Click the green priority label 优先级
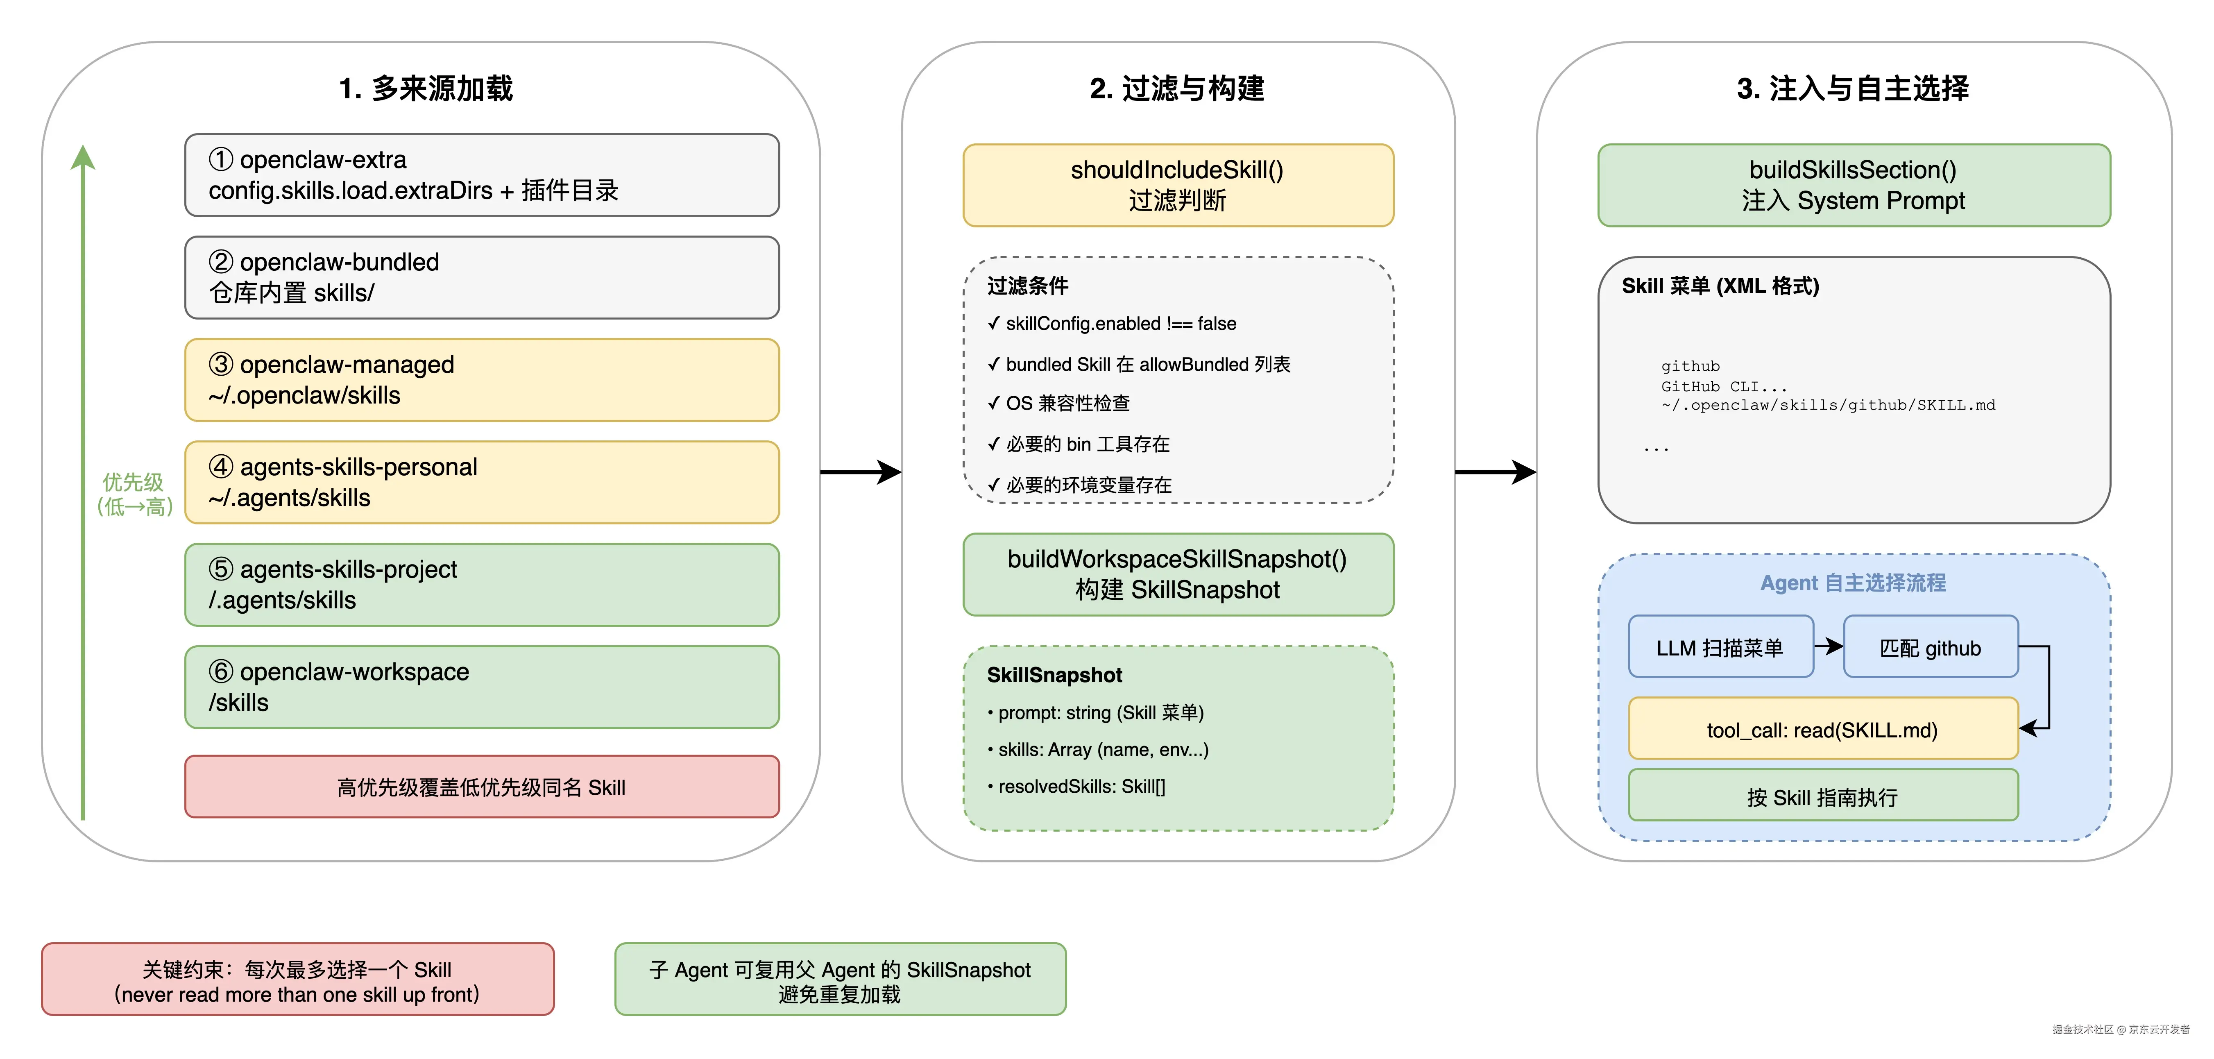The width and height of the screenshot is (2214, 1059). pos(133,482)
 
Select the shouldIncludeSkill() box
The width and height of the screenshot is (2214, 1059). pos(1178,185)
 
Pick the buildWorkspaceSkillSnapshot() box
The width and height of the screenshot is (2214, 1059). pos(1178,574)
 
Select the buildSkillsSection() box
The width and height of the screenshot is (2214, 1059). pos(1853,185)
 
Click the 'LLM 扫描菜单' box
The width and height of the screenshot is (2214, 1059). pos(1720,647)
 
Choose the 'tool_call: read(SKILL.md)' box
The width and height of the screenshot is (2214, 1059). pos(1822,730)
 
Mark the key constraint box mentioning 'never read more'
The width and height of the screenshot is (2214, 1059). pos(297,980)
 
